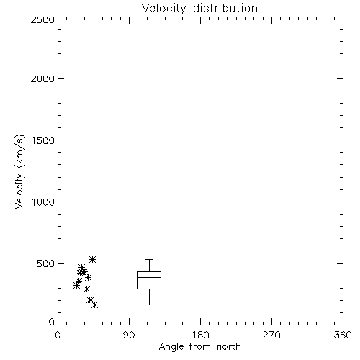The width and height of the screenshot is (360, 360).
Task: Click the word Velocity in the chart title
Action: coord(164,9)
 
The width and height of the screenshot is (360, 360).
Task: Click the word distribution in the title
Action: coord(225,8)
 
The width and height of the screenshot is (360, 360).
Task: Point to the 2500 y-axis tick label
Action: coord(42,19)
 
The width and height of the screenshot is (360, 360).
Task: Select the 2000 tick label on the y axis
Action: coord(42,78)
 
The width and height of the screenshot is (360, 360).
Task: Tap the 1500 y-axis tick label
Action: coord(43,140)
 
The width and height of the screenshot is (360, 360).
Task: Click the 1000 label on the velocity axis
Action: coord(43,202)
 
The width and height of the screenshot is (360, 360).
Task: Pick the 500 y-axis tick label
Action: coord(46,264)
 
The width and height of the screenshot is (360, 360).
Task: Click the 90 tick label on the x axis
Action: coord(129,335)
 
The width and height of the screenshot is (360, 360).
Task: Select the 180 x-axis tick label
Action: coord(200,335)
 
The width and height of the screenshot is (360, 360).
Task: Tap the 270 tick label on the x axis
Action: coord(271,335)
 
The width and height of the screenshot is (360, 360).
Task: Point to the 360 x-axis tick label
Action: coord(343,335)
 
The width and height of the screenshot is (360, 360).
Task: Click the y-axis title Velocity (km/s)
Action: coord(19,171)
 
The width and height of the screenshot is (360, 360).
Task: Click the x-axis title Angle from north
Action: coord(200,347)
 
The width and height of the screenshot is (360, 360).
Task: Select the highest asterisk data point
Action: coord(92,259)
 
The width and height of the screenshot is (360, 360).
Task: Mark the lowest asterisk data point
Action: coord(95,305)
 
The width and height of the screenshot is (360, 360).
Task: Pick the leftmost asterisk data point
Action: coord(76,285)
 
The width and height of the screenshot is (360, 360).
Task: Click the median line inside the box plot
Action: coord(149,277)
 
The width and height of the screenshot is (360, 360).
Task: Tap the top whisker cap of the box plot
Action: coord(149,259)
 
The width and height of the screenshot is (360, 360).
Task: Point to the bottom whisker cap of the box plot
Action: coord(149,305)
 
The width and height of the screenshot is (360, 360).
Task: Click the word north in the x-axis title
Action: coord(229,346)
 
